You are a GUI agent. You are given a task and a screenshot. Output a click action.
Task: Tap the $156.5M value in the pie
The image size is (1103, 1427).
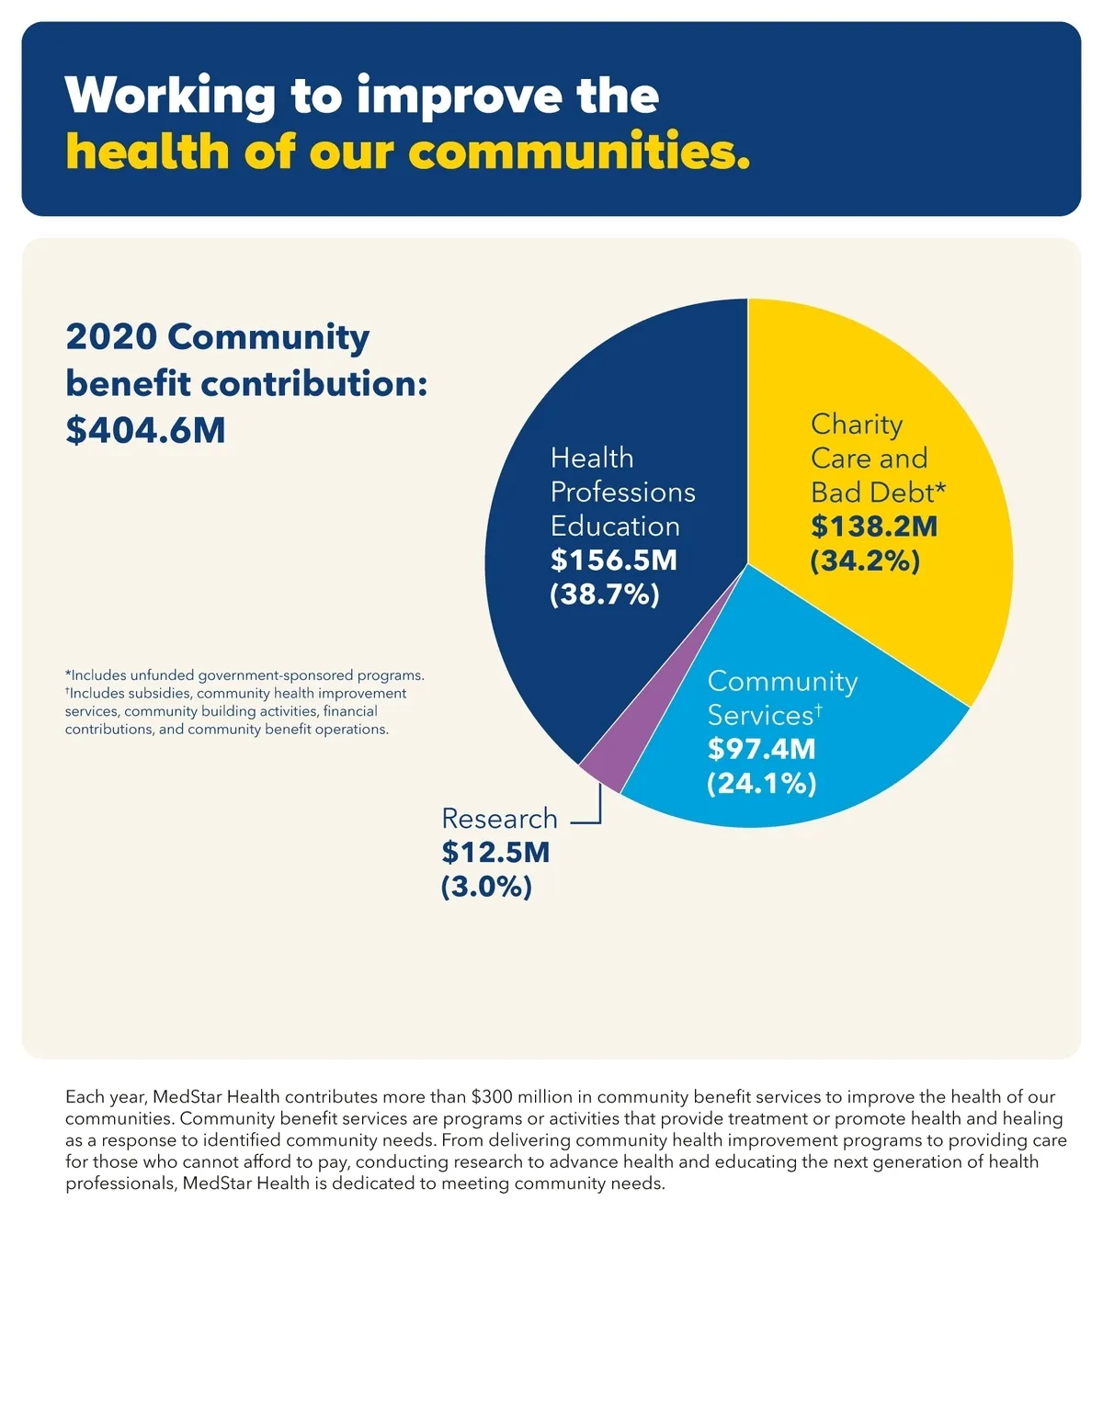coord(613,560)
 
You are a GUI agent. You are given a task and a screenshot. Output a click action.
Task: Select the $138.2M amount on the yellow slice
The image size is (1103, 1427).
coord(874,527)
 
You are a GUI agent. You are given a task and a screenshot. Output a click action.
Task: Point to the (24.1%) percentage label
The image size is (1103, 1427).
coord(762,783)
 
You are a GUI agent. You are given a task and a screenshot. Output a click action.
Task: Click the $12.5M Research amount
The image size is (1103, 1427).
coord(495,852)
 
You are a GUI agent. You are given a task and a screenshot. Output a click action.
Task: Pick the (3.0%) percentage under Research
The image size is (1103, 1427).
coord(486,887)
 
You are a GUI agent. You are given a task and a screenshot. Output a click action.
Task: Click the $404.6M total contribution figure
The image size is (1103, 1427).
coord(145,430)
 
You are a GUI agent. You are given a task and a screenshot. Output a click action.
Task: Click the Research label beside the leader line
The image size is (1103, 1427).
coord(499,818)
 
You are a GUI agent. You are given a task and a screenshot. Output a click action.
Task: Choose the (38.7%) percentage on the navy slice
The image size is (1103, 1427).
coord(605,595)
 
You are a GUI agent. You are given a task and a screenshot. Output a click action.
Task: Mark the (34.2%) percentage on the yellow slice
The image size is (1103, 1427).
coord(865,561)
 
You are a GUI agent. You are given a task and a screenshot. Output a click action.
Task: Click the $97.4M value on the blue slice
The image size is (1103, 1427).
coord(761,749)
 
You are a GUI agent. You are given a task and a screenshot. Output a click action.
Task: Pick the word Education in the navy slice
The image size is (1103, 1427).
coord(615,526)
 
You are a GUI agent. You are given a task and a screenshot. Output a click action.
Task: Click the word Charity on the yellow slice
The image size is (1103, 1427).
coord(857,424)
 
